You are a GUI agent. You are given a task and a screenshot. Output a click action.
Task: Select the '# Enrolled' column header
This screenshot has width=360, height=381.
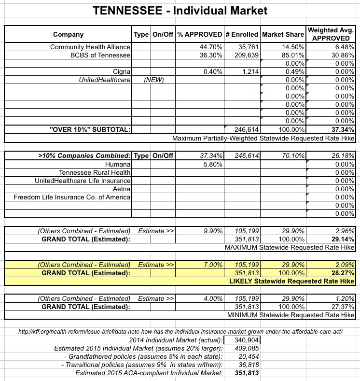click(x=241, y=35)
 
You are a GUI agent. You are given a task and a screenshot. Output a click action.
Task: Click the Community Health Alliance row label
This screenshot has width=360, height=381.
click(x=90, y=47)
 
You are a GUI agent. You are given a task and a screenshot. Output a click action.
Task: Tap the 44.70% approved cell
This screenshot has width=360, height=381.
click(x=210, y=47)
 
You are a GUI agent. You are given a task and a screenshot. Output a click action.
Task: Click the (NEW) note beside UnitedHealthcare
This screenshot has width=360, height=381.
click(x=154, y=80)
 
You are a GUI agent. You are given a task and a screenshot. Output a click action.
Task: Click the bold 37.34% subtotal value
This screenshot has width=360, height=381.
click(x=343, y=129)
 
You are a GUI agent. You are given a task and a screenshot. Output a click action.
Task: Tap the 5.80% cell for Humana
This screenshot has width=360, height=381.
click(x=212, y=164)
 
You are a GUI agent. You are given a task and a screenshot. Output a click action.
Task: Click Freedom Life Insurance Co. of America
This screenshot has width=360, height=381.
click(x=72, y=197)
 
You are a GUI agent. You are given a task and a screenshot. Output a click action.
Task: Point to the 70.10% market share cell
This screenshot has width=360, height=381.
click(x=293, y=156)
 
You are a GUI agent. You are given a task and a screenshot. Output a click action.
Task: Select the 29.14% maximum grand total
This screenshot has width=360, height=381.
click(x=343, y=239)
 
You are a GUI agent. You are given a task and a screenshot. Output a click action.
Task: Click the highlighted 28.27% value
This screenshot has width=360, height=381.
click(x=343, y=273)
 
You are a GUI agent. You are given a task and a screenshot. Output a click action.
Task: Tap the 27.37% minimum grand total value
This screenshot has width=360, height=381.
click(x=343, y=307)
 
